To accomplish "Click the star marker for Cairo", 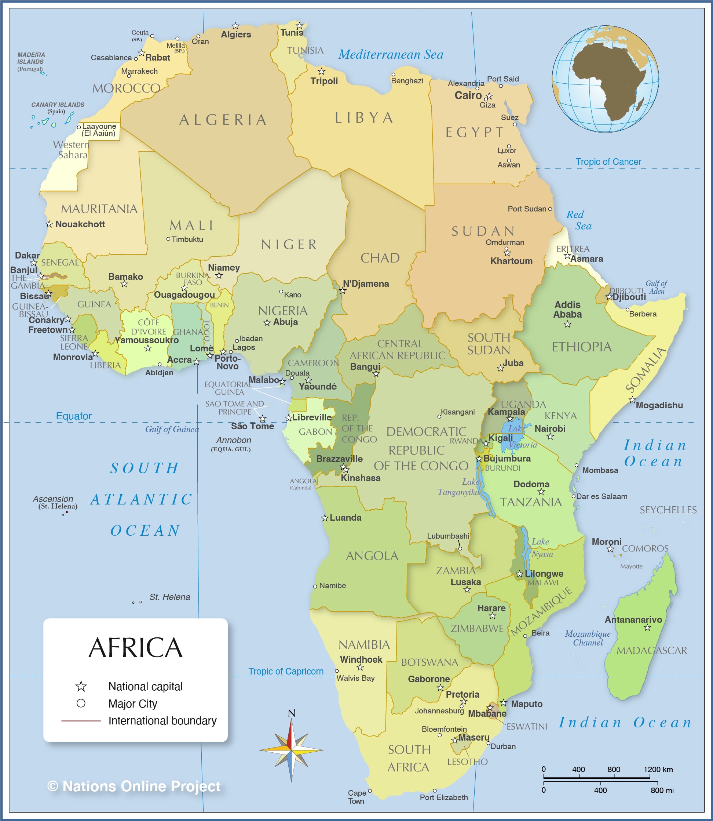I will (x=489, y=96).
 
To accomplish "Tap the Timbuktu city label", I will (x=187, y=239).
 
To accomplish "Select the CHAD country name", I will (x=380, y=258).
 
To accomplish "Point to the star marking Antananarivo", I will (x=647, y=627).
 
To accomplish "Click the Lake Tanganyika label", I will (x=459, y=487).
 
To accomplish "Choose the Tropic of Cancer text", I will (x=608, y=162).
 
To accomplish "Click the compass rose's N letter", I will (x=291, y=713).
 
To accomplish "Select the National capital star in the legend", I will (x=81, y=686).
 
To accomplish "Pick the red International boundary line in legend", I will (x=81, y=721).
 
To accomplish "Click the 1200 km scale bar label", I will (x=658, y=769).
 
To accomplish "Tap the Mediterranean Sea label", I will (x=391, y=55).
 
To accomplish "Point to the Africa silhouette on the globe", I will (x=605, y=80).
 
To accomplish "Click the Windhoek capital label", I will (x=361, y=659).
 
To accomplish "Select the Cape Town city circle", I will (x=370, y=790).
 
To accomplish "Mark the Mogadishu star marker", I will (x=632, y=399).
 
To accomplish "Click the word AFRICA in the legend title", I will (x=135, y=648).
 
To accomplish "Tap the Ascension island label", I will (x=53, y=499).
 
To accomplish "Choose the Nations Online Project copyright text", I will (x=134, y=786).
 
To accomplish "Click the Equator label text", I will (x=74, y=416).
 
